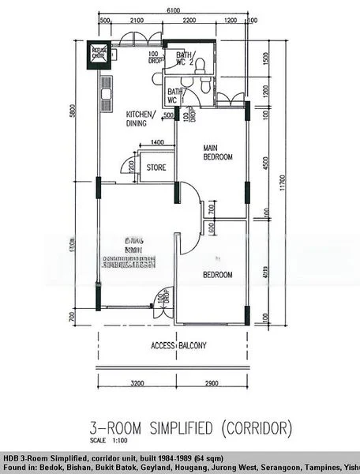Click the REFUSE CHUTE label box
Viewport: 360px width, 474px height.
[x=99, y=53]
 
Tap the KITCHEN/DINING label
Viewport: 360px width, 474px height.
[x=144, y=118]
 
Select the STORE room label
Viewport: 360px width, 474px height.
[x=156, y=167]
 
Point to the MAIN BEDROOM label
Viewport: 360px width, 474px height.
[x=218, y=152]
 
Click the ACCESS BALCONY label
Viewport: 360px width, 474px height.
[x=178, y=345]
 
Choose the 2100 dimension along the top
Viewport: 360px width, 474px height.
[x=136, y=20]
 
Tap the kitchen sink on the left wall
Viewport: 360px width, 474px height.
[x=103, y=100]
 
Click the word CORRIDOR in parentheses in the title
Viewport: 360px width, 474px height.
[x=257, y=429]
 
